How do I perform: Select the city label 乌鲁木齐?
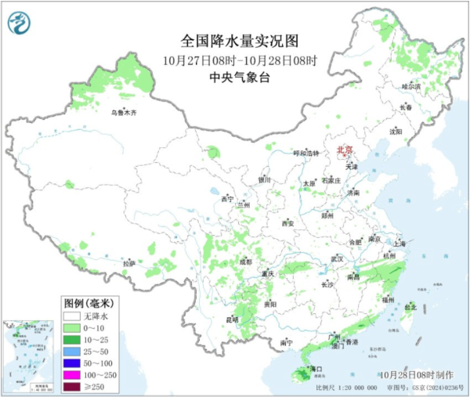[x=123, y=114]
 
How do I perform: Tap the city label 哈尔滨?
[x=410, y=86]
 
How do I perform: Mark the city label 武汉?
[x=337, y=258]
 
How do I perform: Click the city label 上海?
[x=400, y=243]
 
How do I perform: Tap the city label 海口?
[x=317, y=367]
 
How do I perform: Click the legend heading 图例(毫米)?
[x=89, y=302]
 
